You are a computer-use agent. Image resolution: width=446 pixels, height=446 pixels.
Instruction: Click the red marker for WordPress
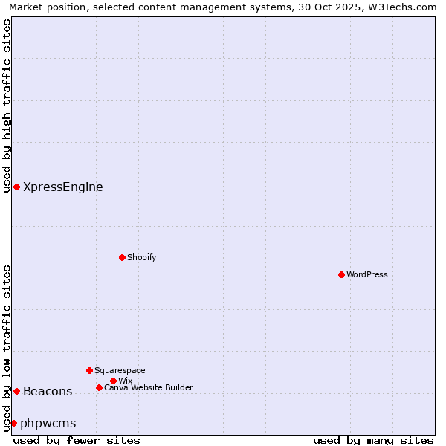point(341,274)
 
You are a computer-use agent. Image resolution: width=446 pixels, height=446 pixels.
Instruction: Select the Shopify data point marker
point(122,257)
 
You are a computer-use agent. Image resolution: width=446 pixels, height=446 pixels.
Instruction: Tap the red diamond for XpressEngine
point(16,187)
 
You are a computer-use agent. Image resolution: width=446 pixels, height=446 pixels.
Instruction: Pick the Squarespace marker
point(89,370)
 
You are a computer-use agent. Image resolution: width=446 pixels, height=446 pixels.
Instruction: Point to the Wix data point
point(113,381)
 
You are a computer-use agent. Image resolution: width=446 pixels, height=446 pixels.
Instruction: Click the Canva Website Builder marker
point(99,387)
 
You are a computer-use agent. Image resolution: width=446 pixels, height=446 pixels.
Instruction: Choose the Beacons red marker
point(16,391)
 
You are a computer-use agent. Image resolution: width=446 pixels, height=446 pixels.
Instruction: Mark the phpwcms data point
point(13,423)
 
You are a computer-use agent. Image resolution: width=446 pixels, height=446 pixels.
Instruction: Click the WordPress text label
point(367,274)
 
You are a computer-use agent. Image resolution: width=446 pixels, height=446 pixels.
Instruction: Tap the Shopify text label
point(141,257)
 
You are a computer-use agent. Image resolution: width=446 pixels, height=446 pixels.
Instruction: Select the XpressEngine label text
point(63,187)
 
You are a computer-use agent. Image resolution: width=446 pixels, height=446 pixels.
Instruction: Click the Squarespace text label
point(120,370)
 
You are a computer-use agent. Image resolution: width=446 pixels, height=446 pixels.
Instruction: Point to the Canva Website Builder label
point(149,387)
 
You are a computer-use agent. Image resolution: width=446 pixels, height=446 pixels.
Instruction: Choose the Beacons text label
point(48,392)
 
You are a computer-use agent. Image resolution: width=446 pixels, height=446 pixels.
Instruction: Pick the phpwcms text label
point(48,424)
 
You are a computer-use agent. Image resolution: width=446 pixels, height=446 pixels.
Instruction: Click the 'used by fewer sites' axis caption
point(77,440)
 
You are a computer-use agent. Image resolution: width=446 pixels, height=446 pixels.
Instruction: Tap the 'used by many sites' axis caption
point(373,440)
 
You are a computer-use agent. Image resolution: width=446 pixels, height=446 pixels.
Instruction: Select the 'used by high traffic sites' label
point(7,106)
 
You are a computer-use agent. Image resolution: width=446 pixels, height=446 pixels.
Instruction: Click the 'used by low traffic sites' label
point(7,348)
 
